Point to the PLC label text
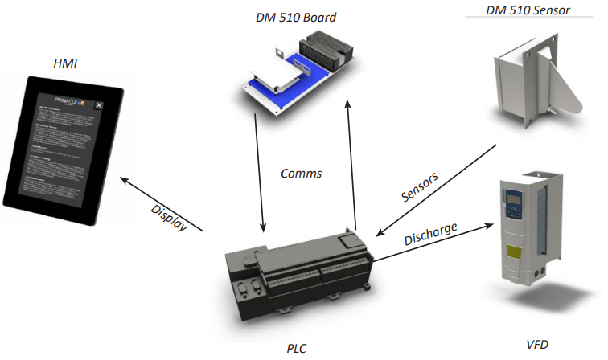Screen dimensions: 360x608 tap(296, 349)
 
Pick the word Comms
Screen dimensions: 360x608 tap(302, 173)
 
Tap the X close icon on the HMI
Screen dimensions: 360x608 tap(98, 105)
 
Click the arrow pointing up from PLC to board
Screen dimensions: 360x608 tap(351, 161)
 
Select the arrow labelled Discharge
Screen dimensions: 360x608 tap(434, 242)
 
